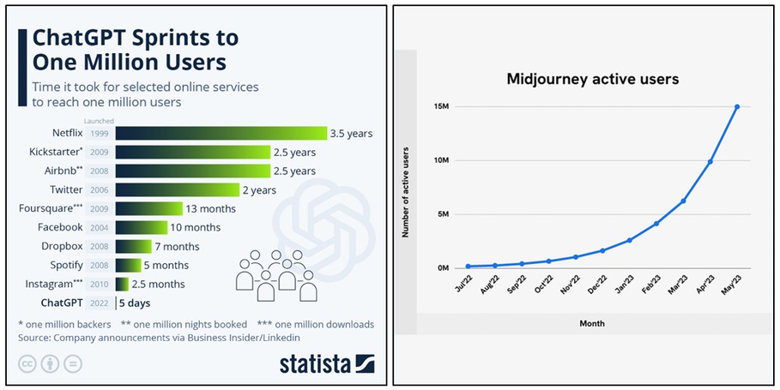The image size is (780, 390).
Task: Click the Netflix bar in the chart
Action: point(221,133)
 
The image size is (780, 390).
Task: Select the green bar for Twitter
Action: point(177,189)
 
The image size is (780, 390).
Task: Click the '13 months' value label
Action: point(211,208)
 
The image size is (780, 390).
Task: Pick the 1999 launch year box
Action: point(99,134)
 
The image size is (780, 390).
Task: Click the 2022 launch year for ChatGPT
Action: point(99,303)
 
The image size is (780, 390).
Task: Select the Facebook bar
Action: point(142,227)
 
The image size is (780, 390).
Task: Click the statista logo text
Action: point(316,363)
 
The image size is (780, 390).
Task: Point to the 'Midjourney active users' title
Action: point(592,79)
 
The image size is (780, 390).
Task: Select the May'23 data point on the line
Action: point(737,107)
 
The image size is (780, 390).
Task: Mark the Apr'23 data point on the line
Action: point(710,161)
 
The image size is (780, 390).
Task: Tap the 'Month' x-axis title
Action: point(592,323)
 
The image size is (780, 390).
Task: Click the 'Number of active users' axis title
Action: point(404,191)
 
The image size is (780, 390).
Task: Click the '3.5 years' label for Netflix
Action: point(352,134)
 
